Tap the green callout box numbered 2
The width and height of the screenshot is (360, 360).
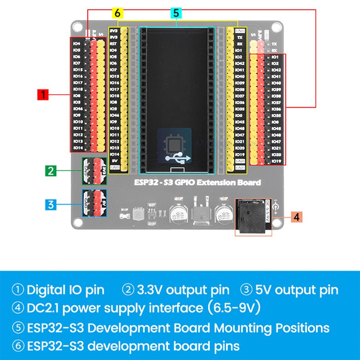(x=50, y=171)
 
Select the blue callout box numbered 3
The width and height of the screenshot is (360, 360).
(x=50, y=205)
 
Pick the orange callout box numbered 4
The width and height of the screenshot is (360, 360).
(x=296, y=216)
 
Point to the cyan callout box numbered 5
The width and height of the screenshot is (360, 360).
(x=176, y=13)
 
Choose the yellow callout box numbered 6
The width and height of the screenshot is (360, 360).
(x=117, y=13)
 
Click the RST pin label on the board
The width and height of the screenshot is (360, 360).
(x=113, y=44)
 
